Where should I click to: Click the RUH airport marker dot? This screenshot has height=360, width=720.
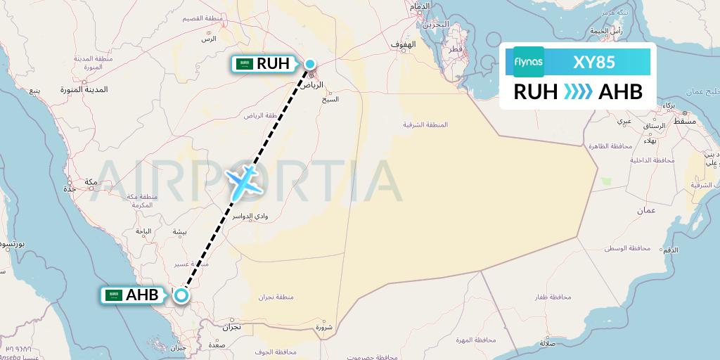point(310,64)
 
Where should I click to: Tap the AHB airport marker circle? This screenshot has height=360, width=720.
point(181,295)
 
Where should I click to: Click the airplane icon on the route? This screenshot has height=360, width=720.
point(243,181)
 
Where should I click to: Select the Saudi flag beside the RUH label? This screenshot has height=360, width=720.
point(245,64)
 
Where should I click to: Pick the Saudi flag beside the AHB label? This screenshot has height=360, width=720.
point(113,295)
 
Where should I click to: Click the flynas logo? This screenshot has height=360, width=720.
point(529,62)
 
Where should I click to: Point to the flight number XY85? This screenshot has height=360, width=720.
point(595,62)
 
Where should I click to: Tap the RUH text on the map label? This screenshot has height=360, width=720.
point(273,64)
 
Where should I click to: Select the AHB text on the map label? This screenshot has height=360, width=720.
point(142,295)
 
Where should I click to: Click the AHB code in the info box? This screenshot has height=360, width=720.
point(620,91)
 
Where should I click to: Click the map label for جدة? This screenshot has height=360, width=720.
point(70,189)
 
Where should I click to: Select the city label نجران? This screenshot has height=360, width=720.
point(231,327)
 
